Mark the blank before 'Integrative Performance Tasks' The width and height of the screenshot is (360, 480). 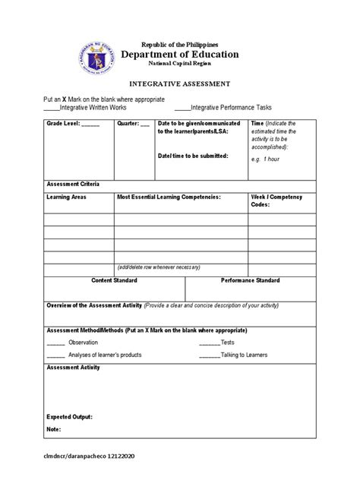click(182, 109)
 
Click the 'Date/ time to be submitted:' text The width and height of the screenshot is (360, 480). click(192, 155)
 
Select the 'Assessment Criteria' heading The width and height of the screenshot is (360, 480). click(73, 185)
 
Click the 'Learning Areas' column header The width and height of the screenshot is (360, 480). click(66, 197)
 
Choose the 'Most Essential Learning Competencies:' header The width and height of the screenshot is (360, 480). click(168, 197)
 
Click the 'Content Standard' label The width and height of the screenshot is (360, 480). click(114, 280)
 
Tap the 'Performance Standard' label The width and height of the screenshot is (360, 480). click(250, 280)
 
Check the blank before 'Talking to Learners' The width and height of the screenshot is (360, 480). click(209, 354)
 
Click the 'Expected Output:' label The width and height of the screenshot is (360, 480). click(69, 417)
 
